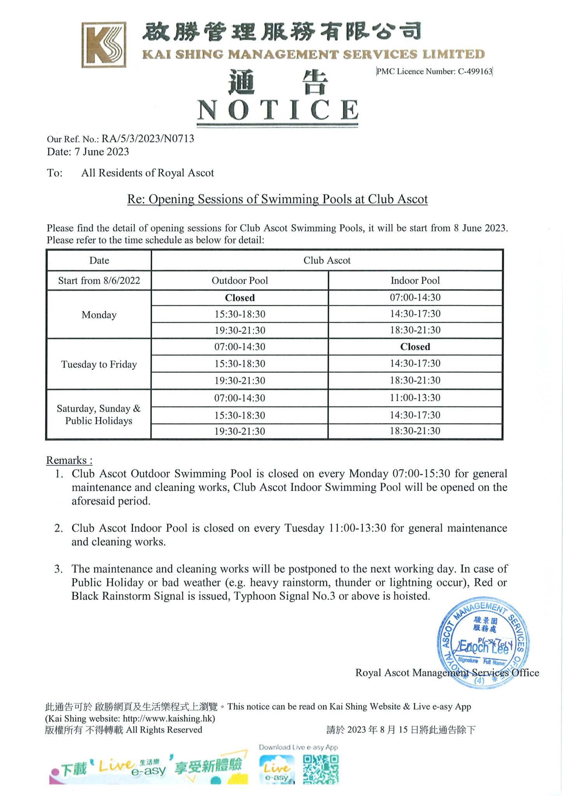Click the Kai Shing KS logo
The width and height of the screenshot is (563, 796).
click(x=104, y=45)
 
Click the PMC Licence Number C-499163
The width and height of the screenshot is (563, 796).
click(x=434, y=72)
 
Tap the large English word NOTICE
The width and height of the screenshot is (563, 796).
click(x=278, y=110)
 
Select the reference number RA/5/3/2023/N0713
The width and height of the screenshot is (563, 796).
click(x=148, y=139)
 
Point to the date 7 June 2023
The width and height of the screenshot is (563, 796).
click(x=101, y=152)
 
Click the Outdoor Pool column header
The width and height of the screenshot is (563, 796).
click(x=240, y=281)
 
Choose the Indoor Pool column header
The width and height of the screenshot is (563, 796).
click(x=415, y=281)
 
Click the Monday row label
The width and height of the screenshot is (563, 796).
click(x=99, y=315)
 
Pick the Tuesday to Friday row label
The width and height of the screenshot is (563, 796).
click(x=99, y=365)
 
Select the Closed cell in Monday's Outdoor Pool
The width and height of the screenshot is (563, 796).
click(x=240, y=298)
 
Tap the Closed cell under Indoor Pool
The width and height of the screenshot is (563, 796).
click(x=415, y=347)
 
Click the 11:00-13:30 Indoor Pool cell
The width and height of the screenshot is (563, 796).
click(x=415, y=398)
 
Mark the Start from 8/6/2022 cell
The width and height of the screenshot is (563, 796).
click(x=99, y=281)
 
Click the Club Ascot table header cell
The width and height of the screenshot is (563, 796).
click(x=327, y=261)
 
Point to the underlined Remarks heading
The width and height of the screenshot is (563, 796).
click(x=69, y=460)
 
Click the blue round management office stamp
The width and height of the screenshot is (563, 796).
click(x=483, y=643)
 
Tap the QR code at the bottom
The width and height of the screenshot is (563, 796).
click(x=320, y=769)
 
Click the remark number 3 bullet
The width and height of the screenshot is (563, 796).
click(x=58, y=569)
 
